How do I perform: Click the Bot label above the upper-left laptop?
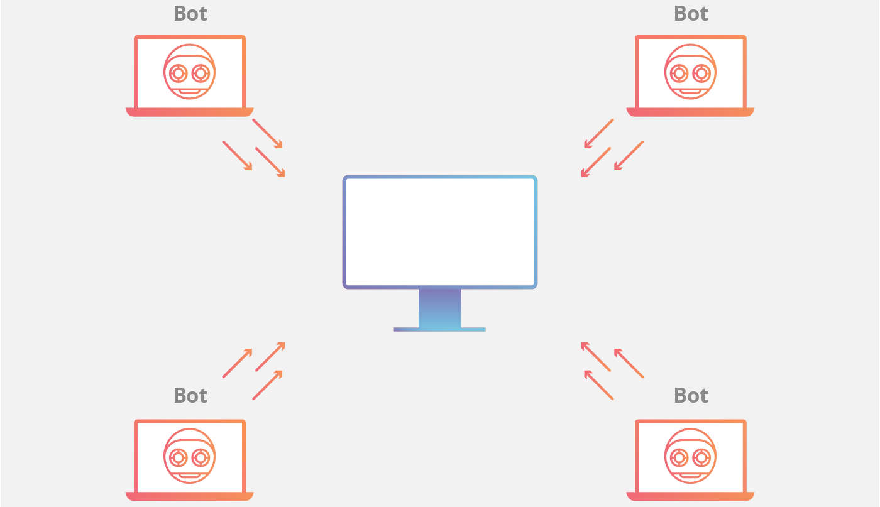click(x=190, y=13)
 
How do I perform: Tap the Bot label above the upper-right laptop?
click(x=690, y=13)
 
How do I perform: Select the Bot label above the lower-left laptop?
click(x=190, y=395)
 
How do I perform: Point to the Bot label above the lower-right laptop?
click(x=690, y=395)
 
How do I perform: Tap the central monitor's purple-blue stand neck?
click(x=439, y=308)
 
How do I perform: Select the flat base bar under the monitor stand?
click(x=439, y=329)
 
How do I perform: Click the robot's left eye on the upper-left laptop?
click(x=179, y=74)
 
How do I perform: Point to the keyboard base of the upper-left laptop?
click(x=189, y=112)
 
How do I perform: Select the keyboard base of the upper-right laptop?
click(x=690, y=112)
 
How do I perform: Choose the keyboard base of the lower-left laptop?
click(x=189, y=496)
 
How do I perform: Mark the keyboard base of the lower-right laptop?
click(x=690, y=496)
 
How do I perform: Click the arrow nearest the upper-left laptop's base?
click(x=267, y=134)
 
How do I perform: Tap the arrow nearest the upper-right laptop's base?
click(x=598, y=134)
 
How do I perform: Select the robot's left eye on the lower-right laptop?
click(x=679, y=457)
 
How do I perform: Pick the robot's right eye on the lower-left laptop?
click(x=201, y=457)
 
